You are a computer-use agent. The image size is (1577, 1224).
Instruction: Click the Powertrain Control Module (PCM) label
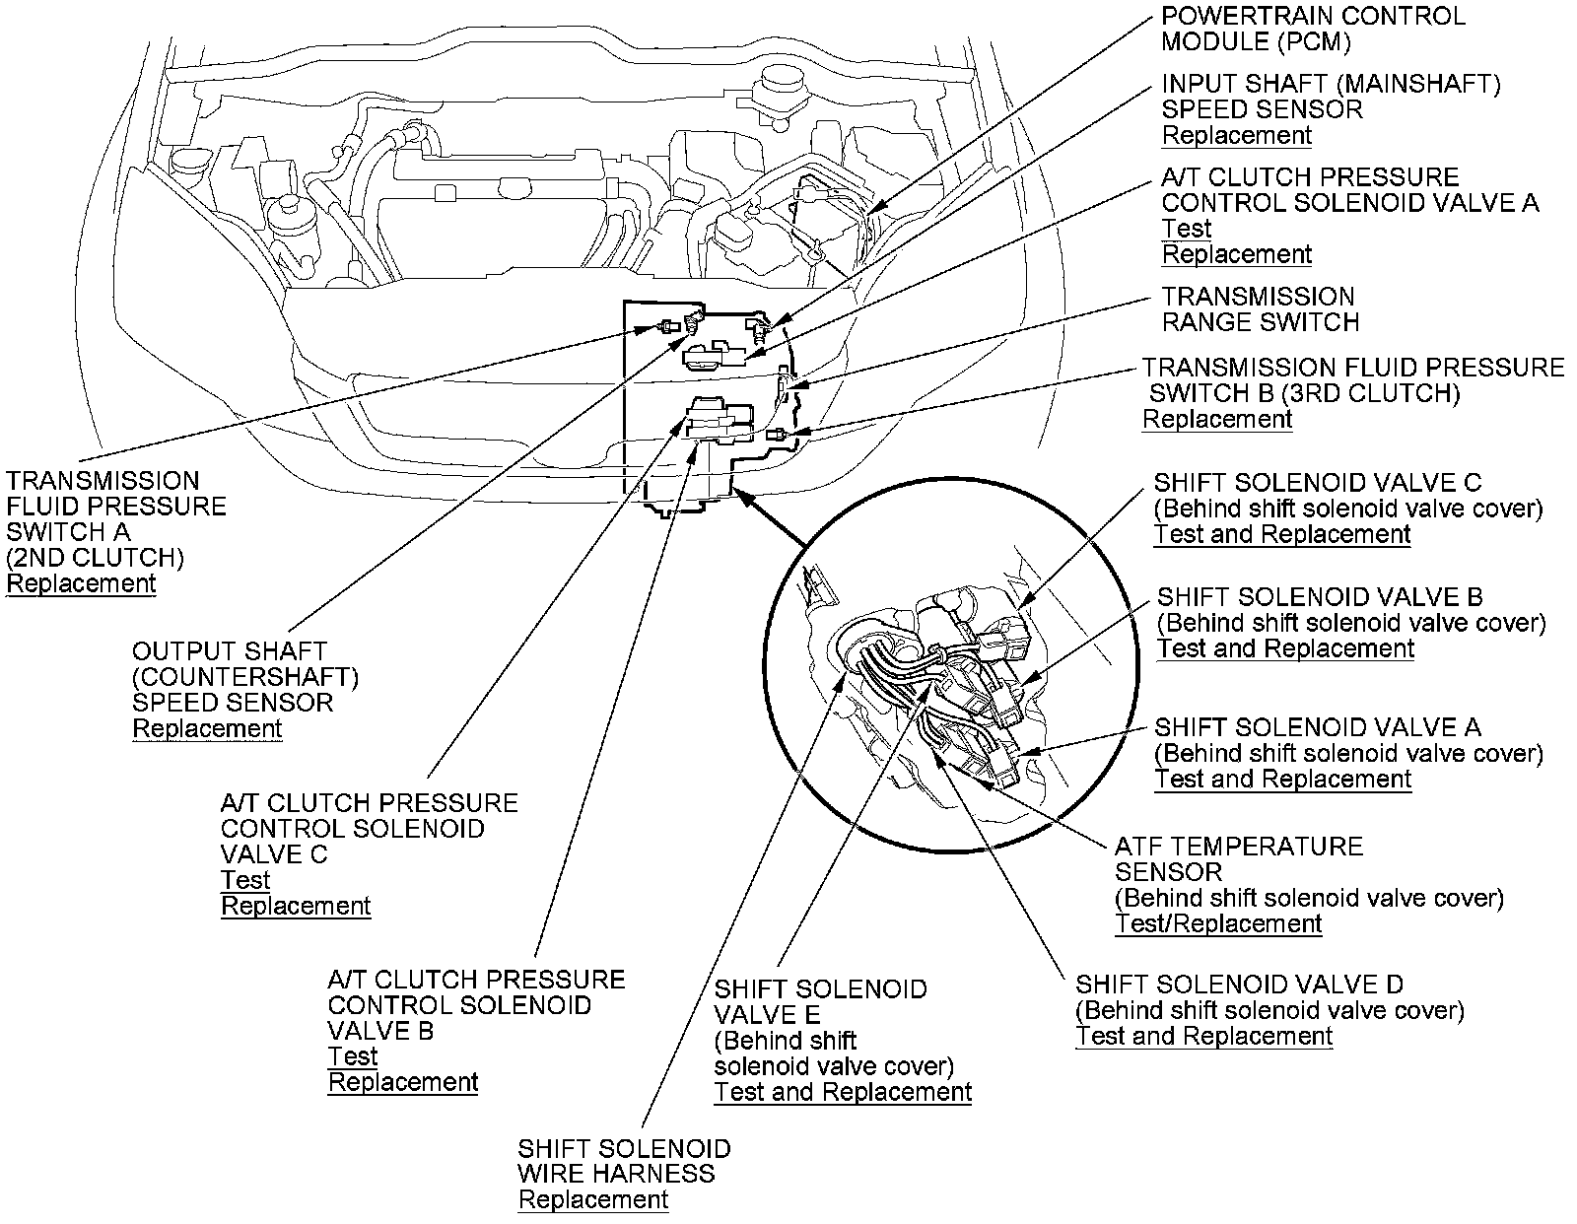point(1312,29)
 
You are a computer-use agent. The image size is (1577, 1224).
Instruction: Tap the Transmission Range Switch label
point(1259,309)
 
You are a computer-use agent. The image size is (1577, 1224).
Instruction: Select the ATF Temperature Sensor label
point(1238,858)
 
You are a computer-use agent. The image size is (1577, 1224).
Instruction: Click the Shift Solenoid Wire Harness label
point(624,1161)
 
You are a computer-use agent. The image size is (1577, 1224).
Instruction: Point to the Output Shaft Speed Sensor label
point(244,676)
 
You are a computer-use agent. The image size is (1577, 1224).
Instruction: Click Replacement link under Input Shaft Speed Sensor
point(1237,136)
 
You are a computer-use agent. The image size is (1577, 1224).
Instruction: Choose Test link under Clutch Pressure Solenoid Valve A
point(1186,229)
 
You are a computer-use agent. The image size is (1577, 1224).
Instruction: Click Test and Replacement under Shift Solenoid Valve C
point(1282,535)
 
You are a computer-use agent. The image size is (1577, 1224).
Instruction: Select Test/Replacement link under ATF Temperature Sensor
point(1218,924)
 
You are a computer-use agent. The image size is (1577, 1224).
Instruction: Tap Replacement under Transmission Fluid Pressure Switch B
point(1217,420)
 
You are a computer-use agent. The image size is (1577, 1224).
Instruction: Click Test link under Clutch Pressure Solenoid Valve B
point(353,1057)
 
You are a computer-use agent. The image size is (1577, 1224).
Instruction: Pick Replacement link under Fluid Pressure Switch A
point(81,583)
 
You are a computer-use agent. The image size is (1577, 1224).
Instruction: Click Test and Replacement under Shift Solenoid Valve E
point(843,1093)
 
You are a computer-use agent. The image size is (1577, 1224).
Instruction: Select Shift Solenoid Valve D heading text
point(1239,985)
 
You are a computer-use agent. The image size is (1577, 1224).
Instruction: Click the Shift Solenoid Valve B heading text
point(1320,597)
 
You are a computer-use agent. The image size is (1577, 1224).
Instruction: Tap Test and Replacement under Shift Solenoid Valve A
point(1282,780)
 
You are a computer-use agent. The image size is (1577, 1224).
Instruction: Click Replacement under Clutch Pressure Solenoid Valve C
point(296,907)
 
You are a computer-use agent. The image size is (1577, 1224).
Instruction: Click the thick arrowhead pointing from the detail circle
point(747,500)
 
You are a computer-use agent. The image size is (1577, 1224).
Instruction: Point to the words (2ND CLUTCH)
point(96,558)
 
